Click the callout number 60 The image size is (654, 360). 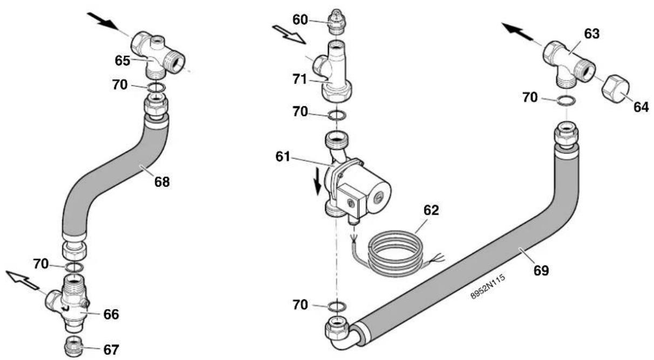[x=300, y=20]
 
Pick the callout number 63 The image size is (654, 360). [x=591, y=34]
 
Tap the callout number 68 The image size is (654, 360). [x=162, y=182]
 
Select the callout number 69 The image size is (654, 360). [x=541, y=270]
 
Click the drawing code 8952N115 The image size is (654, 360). [x=488, y=287]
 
